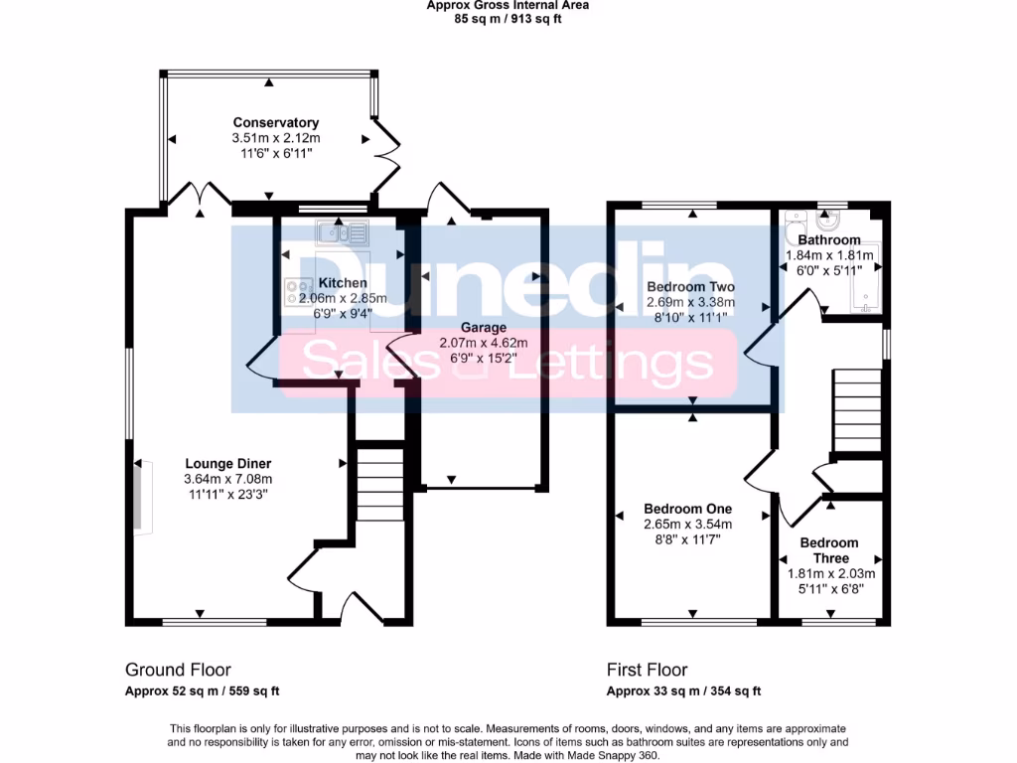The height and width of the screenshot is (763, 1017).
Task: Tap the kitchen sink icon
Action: pyautogui.click(x=342, y=233)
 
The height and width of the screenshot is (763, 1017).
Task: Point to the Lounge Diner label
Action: pyautogui.click(x=227, y=463)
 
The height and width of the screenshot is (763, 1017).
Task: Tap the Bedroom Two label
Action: pyautogui.click(x=689, y=287)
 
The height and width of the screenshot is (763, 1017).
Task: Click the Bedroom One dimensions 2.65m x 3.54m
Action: pyautogui.click(x=687, y=525)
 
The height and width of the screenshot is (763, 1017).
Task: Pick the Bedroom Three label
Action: pyautogui.click(x=828, y=550)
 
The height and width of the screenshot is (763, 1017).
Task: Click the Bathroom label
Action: pyautogui.click(x=828, y=239)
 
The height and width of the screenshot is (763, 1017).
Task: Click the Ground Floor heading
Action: pyautogui.click(x=178, y=670)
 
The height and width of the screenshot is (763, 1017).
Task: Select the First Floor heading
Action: pyautogui.click(x=647, y=670)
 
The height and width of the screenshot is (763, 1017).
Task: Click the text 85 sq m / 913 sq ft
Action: pyautogui.click(x=508, y=18)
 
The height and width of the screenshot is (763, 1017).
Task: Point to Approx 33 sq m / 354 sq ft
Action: pyautogui.click(x=683, y=691)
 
